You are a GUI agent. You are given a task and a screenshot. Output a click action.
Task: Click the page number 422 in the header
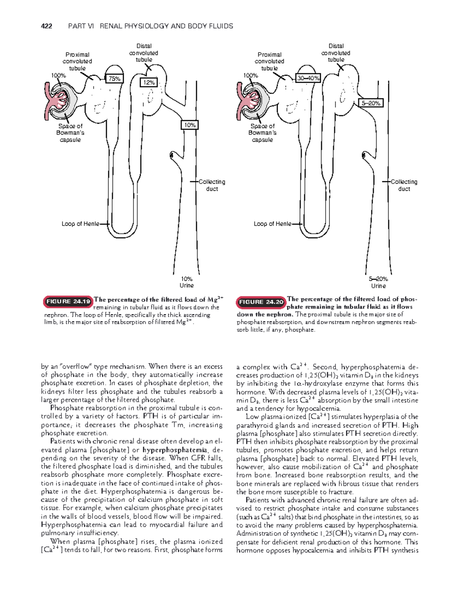point(46,26)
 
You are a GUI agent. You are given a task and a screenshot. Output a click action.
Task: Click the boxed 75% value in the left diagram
point(114,78)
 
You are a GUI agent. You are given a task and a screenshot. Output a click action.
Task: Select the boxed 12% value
point(149,82)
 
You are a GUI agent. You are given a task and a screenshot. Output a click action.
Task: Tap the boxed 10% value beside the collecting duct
point(190,125)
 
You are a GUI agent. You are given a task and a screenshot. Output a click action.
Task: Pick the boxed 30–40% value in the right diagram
point(308,78)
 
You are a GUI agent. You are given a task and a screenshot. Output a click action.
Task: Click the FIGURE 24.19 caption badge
point(68,301)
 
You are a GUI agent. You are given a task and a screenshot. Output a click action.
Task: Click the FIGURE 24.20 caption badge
point(261,302)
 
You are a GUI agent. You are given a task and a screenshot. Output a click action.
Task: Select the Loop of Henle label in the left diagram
point(80,224)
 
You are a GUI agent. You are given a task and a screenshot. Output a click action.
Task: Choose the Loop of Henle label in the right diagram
point(273,224)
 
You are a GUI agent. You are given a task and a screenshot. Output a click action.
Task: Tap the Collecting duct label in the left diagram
point(212,185)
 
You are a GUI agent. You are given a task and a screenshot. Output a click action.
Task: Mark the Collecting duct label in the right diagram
point(404,185)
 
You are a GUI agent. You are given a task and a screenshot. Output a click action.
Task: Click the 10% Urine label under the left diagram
point(187,282)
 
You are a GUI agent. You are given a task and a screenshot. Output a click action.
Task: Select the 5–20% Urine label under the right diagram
point(379,282)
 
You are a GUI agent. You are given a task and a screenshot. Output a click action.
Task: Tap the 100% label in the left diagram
point(58,76)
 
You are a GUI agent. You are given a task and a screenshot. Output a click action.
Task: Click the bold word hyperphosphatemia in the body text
point(175,450)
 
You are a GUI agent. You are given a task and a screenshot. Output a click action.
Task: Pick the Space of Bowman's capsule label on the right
point(263,133)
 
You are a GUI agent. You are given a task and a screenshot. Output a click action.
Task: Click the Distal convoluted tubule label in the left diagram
point(144,53)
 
